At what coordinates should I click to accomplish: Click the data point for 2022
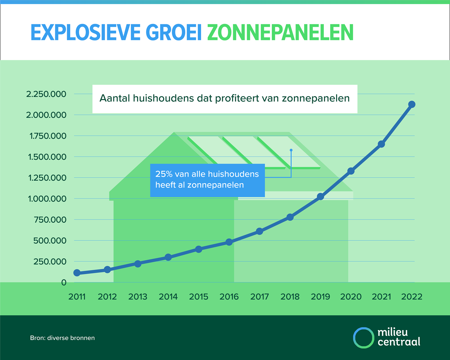pyautogui.click(x=412, y=104)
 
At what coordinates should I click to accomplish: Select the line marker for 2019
pyautogui.click(x=320, y=197)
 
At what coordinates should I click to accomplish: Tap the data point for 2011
pyautogui.click(x=77, y=273)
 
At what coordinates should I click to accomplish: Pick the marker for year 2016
pyautogui.click(x=229, y=242)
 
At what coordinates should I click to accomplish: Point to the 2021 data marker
pyautogui.click(x=381, y=144)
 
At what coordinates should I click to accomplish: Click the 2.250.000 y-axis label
pyautogui.click(x=46, y=94)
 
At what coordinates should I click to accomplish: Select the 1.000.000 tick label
pyautogui.click(x=47, y=199)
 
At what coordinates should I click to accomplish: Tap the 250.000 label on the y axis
pyautogui.click(x=50, y=262)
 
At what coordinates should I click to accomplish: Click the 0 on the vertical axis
pyautogui.click(x=64, y=283)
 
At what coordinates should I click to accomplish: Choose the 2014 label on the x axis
pyautogui.click(x=168, y=297)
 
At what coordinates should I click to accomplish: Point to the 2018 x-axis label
pyautogui.click(x=290, y=297)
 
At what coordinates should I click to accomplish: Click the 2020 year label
pyautogui.click(x=351, y=297)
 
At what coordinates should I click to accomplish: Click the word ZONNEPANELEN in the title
pyautogui.click(x=280, y=33)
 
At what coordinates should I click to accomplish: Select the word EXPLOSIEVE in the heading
pyautogui.click(x=85, y=33)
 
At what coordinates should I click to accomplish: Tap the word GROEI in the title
pyautogui.click(x=174, y=33)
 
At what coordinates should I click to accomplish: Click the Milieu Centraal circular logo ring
pyautogui.click(x=363, y=338)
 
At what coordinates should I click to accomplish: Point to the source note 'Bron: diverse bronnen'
pyautogui.click(x=62, y=338)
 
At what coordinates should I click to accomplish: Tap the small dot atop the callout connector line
pyautogui.click(x=291, y=150)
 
